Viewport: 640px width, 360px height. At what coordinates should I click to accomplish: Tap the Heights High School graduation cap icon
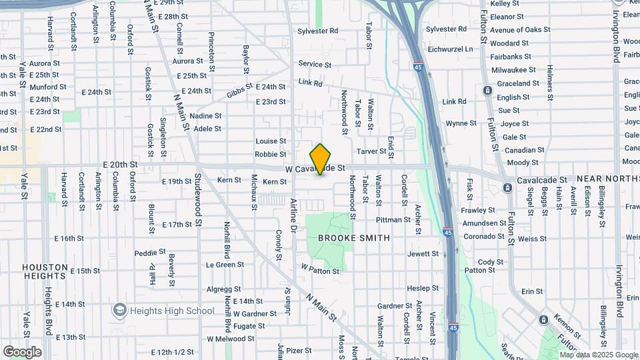coord(119,310)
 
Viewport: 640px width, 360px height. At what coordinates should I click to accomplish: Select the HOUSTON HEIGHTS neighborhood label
coord(45,271)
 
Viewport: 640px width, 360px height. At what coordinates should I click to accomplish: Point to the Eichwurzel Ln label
coord(450,49)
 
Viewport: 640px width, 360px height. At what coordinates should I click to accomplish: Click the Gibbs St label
coord(240,91)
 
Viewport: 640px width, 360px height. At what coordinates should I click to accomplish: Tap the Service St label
coord(315,64)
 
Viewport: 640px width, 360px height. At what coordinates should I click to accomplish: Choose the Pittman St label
coord(393,219)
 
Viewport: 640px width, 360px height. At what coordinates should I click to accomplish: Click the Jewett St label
coord(423,253)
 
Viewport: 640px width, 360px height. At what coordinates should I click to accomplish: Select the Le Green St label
coord(225,265)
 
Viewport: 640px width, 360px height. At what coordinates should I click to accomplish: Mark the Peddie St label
coord(149,253)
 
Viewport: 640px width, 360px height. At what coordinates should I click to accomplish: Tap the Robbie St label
coord(271,154)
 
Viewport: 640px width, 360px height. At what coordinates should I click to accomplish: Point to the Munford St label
coord(48,87)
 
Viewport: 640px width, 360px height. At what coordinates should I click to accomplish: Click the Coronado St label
coord(485,236)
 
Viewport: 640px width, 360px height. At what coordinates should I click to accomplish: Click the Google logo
coord(22,351)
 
